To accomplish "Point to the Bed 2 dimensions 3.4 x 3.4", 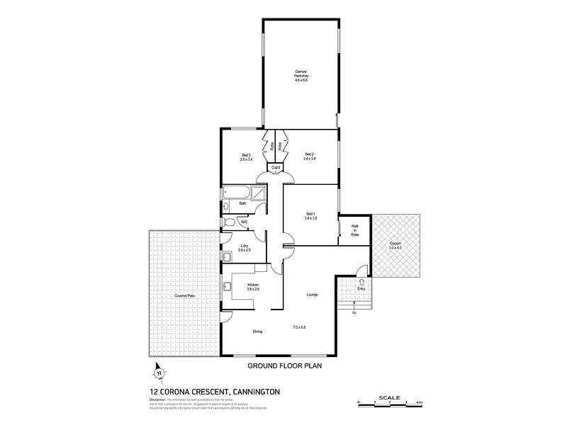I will (309, 159).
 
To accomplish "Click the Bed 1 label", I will (310, 215).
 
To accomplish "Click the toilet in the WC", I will (228, 222).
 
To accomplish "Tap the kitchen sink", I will (228, 287).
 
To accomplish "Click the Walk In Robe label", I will (354, 230).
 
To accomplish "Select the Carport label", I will (395, 245).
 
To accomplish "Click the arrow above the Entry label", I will (361, 281).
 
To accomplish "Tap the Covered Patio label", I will (185, 295).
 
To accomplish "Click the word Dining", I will (258, 331).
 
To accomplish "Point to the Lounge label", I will (312, 294).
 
